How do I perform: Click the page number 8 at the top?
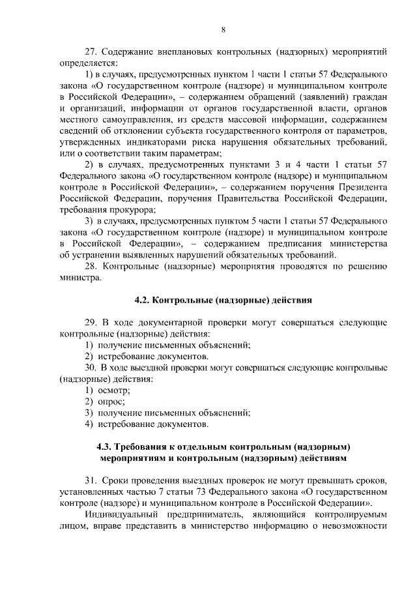point(223,29)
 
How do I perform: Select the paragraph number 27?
point(92,52)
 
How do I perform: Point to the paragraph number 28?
point(92,266)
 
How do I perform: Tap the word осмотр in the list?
point(113,390)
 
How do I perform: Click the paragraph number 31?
point(92,480)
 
